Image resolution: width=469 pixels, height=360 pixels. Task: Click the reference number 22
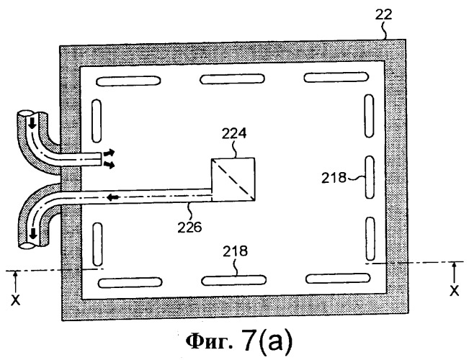click(383, 14)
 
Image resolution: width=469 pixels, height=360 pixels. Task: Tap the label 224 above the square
click(234, 133)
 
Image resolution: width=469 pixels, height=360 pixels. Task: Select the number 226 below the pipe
click(189, 228)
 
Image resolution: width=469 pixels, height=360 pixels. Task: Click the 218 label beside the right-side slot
click(334, 178)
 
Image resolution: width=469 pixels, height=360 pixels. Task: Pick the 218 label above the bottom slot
click(235, 251)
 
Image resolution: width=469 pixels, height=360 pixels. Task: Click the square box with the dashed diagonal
click(233, 179)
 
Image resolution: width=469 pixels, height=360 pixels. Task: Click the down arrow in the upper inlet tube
click(31, 122)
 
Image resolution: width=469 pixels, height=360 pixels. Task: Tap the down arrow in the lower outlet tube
click(33, 233)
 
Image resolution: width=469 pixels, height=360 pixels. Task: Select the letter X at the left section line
click(16, 300)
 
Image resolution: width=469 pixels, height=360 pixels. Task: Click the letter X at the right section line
click(455, 290)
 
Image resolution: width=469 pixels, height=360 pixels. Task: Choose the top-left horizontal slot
click(128, 81)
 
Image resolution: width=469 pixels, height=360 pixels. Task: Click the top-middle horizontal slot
click(232, 79)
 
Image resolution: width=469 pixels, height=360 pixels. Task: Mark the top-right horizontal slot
click(336, 77)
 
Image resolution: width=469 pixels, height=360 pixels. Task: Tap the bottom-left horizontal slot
click(130, 283)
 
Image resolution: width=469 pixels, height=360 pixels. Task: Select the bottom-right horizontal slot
click(338, 279)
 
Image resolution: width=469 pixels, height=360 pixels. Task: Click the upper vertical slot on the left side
click(97, 121)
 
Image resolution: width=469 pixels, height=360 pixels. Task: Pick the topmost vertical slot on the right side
click(369, 116)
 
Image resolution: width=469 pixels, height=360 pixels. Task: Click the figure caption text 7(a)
click(267, 341)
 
